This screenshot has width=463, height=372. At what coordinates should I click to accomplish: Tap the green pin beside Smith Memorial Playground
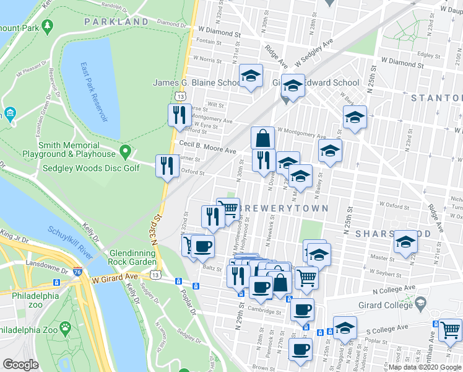126,151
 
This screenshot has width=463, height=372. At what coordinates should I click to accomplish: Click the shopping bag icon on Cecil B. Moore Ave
262,138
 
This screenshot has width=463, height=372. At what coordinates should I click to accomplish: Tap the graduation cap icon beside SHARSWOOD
406,241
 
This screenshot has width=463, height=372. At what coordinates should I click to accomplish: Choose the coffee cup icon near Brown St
301,349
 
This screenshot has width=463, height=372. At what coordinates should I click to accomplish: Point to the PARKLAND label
116,22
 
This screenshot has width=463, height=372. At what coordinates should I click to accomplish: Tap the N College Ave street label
392,291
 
